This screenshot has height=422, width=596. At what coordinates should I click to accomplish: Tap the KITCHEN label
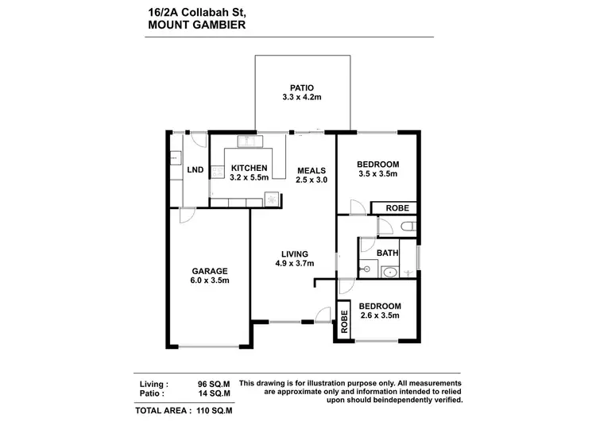pos(249,168)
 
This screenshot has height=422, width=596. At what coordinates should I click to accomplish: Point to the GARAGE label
pos(209,270)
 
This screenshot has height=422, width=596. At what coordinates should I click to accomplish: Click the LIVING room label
pos(293,254)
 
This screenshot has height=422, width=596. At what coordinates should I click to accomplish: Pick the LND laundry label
pos(195,170)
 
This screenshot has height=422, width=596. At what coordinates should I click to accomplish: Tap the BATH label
pos(388,253)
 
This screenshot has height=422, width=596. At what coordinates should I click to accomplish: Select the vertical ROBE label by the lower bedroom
pos(345,321)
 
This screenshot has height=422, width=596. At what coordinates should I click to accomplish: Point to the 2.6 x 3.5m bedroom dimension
pos(378,316)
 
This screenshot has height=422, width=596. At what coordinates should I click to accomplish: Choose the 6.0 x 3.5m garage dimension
pos(209,281)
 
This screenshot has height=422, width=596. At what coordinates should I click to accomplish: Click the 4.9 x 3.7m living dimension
pos(293,264)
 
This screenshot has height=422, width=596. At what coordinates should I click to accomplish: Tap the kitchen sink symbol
pos(250,142)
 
